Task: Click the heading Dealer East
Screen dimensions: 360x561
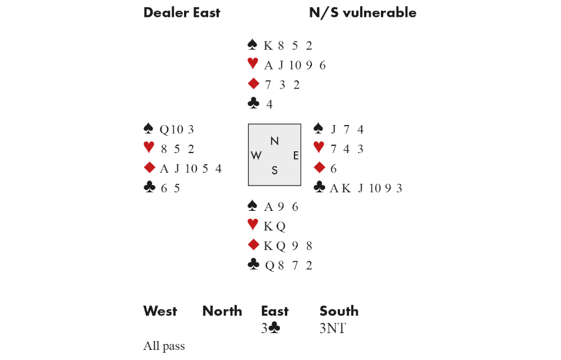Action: [182, 13]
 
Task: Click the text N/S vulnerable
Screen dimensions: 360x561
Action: [362, 13]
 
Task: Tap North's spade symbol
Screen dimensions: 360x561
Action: [252, 45]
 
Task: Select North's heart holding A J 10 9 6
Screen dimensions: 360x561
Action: [295, 66]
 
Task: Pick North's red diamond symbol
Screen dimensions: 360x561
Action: [253, 84]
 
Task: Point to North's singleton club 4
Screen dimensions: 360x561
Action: [270, 104]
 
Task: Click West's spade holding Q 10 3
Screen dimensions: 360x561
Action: [177, 130]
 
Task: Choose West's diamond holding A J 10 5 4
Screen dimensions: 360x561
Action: [191, 169]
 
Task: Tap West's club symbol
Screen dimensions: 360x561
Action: [149, 188]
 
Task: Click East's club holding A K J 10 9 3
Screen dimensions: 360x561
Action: [366, 188]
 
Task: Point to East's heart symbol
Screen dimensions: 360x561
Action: [319, 148]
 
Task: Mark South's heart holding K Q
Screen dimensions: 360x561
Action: [274, 227]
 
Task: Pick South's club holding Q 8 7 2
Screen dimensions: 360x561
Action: [288, 266]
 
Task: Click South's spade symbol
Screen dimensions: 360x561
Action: [252, 206]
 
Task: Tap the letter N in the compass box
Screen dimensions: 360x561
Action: [274, 141]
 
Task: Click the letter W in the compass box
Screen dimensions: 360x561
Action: [256, 156]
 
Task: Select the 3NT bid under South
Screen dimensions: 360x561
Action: [333, 329]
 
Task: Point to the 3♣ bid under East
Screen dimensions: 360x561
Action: [270, 329]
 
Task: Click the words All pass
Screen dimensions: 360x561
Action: [164, 347]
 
